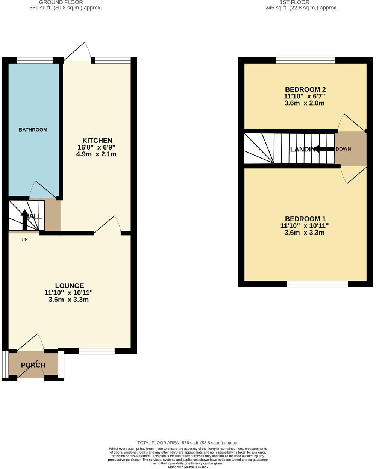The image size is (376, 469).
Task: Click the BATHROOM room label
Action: click(x=33, y=130)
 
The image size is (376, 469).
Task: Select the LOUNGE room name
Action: click(x=69, y=286)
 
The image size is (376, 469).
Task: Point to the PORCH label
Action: click(x=33, y=365)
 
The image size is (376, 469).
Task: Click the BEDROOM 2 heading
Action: click(x=305, y=89)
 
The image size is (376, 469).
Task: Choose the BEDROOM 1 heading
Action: click(x=305, y=219)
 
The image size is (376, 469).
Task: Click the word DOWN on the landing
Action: click(x=343, y=149)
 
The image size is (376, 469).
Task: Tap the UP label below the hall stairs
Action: click(x=24, y=239)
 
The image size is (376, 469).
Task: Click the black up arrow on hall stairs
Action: click(x=24, y=220)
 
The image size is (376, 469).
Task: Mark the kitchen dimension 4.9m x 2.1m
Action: click(x=96, y=154)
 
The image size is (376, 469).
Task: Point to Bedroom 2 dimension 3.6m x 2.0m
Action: click(x=305, y=103)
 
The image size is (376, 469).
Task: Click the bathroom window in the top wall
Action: click(x=35, y=60)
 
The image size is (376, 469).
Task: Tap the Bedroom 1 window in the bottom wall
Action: click(x=317, y=284)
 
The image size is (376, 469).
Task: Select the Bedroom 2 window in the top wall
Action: click(x=305, y=60)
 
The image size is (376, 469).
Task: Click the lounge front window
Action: click(x=97, y=351)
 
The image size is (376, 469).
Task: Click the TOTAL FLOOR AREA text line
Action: click(x=188, y=443)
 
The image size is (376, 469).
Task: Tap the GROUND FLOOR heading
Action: click(x=61, y=2)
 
